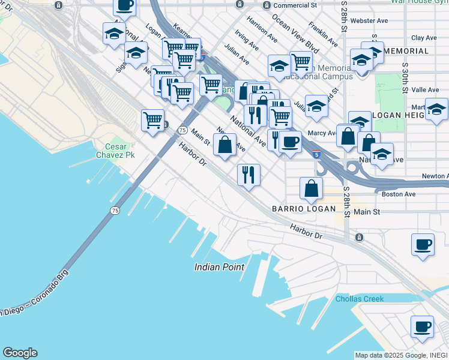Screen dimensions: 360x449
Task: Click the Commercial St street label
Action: (295, 5)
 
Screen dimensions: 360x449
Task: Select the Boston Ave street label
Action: (394, 194)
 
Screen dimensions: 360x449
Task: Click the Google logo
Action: (20, 353)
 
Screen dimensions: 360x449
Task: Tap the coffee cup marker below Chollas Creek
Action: (422, 326)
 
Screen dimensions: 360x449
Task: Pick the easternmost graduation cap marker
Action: (436, 109)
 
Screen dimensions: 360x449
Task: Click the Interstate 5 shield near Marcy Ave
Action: (316, 155)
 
